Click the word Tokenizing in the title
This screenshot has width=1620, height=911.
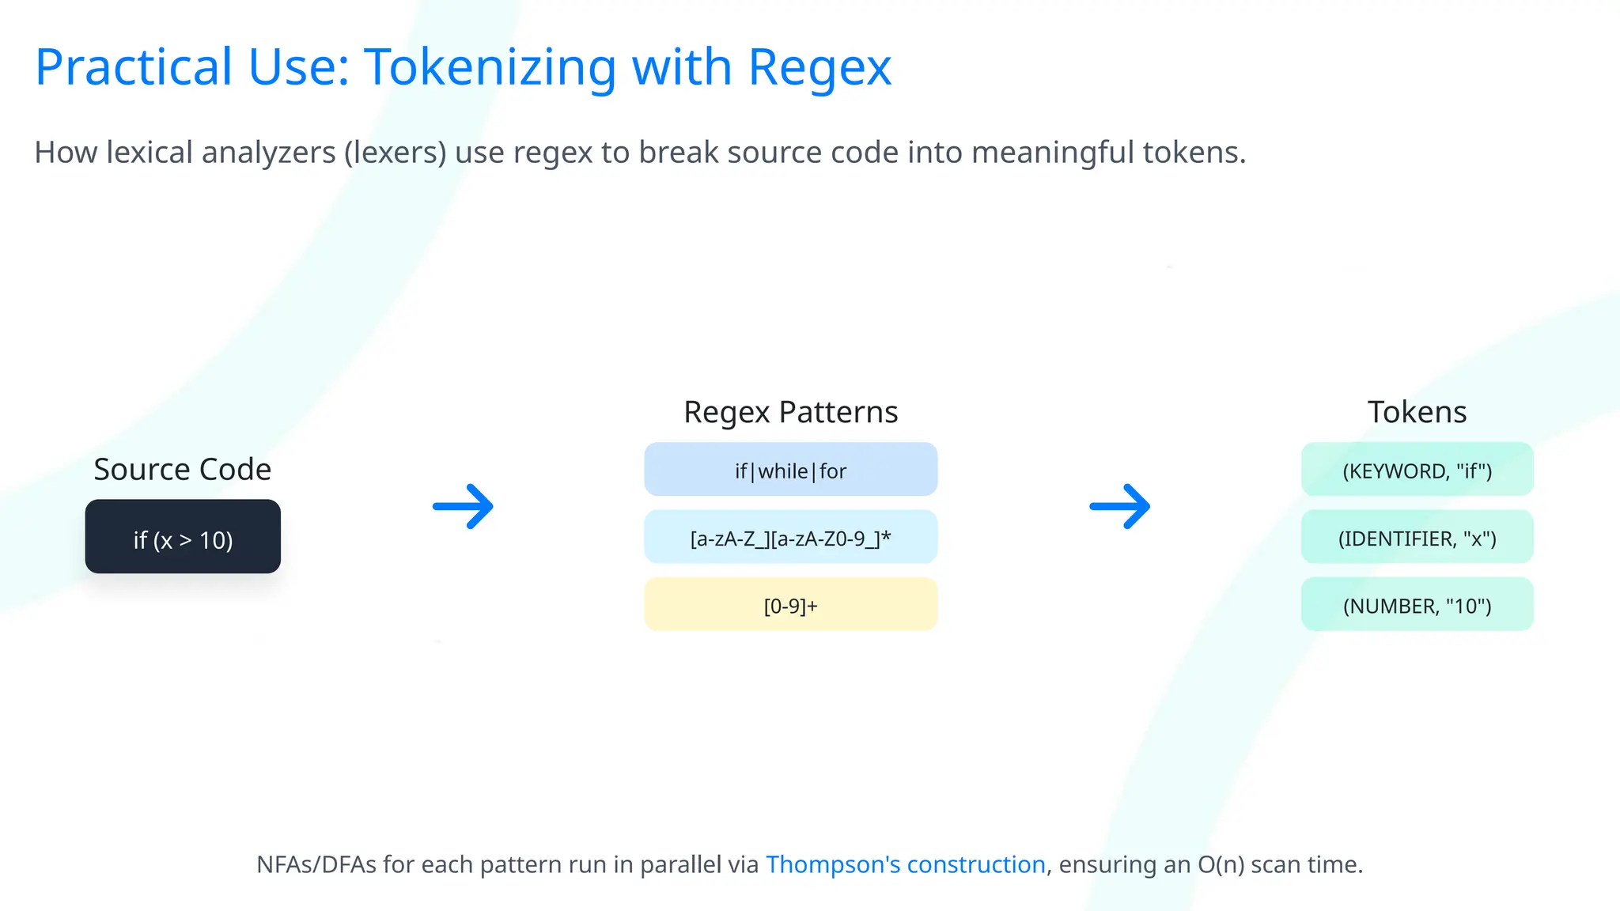pos(490,67)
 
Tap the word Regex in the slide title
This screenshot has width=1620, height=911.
pos(819,67)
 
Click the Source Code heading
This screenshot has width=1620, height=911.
pos(183,470)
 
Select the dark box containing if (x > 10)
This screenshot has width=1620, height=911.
pos(183,537)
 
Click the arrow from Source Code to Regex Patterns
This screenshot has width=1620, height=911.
pos(464,506)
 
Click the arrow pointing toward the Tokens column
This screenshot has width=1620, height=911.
pos(1120,506)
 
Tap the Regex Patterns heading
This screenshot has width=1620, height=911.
pos(790,412)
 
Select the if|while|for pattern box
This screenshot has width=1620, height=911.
pos(790,470)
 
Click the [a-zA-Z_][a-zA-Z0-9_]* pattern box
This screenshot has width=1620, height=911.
pos(790,538)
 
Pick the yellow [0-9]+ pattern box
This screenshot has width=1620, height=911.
pos(790,605)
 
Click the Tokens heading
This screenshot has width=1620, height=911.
pos(1417,412)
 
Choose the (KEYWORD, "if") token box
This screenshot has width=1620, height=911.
pos(1417,470)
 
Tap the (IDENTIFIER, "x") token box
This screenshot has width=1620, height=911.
pos(1417,538)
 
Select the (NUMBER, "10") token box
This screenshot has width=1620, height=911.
pos(1417,605)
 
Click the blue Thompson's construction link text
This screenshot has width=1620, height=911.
pos(905,864)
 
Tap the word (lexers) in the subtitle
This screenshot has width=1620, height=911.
pos(396,153)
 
